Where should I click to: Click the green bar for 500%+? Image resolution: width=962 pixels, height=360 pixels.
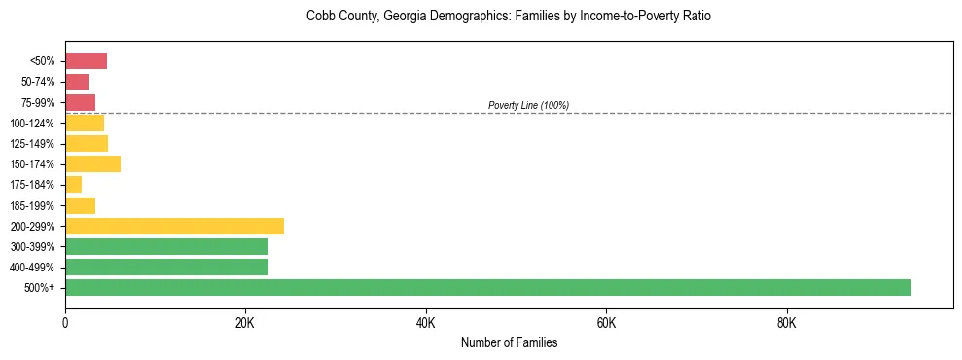click(488, 287)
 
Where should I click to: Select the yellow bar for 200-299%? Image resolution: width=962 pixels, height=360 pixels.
click(175, 226)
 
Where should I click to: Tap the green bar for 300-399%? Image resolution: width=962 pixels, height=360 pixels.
click(166, 246)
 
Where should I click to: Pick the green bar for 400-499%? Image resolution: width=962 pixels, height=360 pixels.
click(166, 267)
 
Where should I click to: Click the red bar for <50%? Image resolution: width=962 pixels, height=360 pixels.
click(86, 61)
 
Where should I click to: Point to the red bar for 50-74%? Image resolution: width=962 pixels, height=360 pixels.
click(77, 82)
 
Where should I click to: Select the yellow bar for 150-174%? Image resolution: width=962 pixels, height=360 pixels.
click(92, 163)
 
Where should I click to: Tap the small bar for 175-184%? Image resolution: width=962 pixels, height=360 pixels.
click(73, 184)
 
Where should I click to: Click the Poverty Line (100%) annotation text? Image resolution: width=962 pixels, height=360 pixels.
click(528, 105)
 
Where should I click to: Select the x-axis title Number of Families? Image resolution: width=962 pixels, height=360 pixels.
click(509, 342)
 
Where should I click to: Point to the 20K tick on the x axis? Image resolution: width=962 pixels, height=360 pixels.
click(245, 321)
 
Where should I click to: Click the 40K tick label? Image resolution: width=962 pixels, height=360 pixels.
click(425, 321)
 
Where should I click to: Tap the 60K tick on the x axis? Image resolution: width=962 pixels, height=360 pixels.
click(606, 321)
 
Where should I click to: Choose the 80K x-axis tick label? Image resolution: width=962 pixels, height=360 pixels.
click(786, 321)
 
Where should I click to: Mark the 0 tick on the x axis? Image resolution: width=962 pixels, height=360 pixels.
click(65, 321)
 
